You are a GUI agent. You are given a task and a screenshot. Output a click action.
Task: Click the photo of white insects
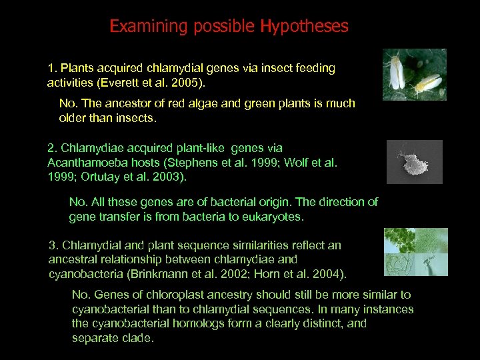414,75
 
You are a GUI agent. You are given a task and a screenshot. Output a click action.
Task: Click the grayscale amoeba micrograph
414,162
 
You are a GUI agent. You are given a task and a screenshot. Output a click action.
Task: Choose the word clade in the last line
136,338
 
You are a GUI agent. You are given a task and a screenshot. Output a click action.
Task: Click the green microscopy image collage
415,252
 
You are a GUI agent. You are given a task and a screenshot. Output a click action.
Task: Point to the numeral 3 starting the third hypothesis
52,245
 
